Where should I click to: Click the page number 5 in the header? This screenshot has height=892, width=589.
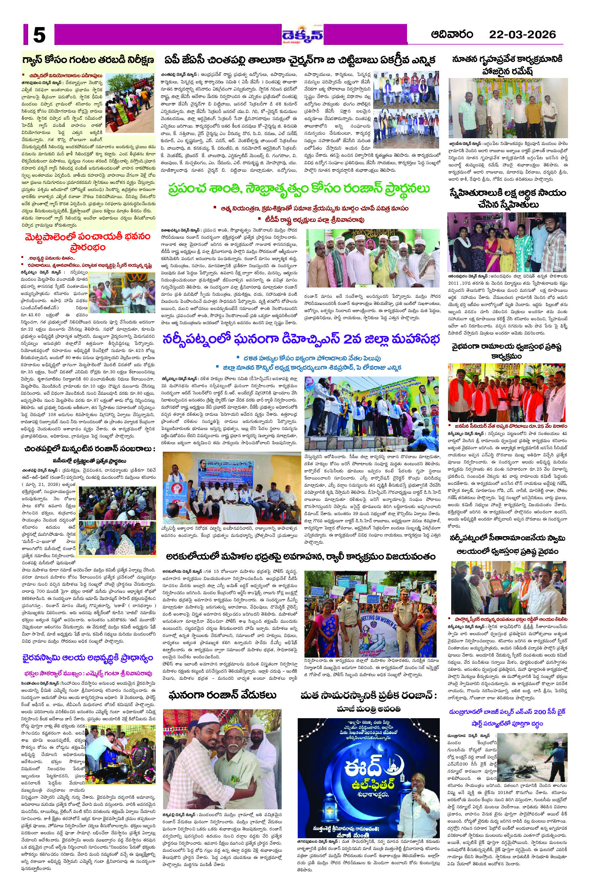click(39, 35)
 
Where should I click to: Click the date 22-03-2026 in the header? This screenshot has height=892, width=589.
click(522, 35)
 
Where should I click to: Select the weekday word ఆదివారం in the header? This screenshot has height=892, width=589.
click(452, 35)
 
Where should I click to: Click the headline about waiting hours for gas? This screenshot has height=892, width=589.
click(88, 60)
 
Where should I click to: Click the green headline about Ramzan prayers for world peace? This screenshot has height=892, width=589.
click(299, 189)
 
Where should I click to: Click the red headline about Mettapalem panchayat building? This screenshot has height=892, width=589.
click(88, 242)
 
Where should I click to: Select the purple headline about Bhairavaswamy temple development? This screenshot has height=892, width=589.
click(88, 658)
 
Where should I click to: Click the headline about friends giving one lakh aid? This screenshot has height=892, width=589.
click(507, 198)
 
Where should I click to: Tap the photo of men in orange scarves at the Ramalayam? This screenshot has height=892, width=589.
click(506, 393)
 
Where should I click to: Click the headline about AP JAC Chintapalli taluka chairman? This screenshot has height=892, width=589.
click(300, 60)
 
